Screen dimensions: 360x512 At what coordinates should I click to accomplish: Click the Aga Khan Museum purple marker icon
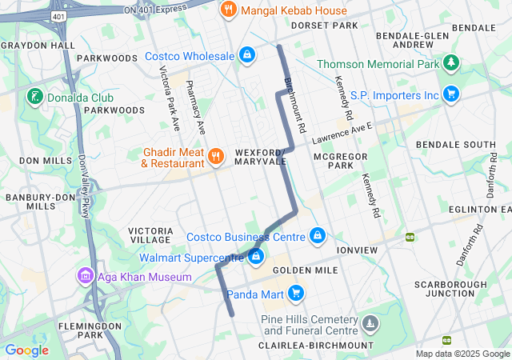(86, 277)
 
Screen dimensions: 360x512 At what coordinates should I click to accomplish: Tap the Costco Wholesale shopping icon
(247, 55)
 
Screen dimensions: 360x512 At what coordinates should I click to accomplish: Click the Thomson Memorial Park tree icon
(452, 63)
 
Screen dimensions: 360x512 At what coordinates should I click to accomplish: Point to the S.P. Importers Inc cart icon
(451, 94)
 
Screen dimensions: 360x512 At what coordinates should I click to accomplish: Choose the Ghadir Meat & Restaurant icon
(216, 156)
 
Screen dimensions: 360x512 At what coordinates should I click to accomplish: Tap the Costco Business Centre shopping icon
(318, 236)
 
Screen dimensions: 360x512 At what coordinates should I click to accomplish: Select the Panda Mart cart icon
(296, 293)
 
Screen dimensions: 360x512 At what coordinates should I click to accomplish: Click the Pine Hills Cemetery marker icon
(370, 324)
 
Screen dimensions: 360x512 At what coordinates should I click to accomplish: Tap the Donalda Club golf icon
(34, 98)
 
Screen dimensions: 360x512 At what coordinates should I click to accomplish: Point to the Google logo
(27, 350)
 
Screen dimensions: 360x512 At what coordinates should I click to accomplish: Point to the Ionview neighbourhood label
(357, 250)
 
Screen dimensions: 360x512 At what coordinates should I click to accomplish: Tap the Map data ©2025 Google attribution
(462, 354)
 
